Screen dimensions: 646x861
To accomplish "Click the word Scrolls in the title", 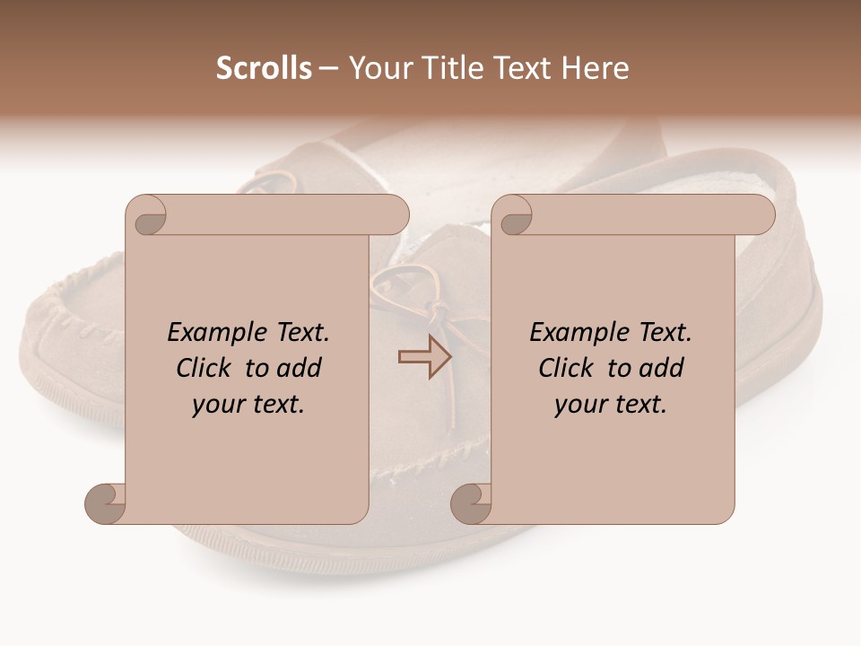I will tap(264, 68).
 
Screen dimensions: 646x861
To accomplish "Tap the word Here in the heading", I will tap(595, 68).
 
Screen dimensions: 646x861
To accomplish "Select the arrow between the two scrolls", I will tap(424, 357).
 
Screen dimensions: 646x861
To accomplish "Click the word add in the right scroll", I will tap(662, 368).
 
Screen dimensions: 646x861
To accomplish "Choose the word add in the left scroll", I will tap(300, 368).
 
